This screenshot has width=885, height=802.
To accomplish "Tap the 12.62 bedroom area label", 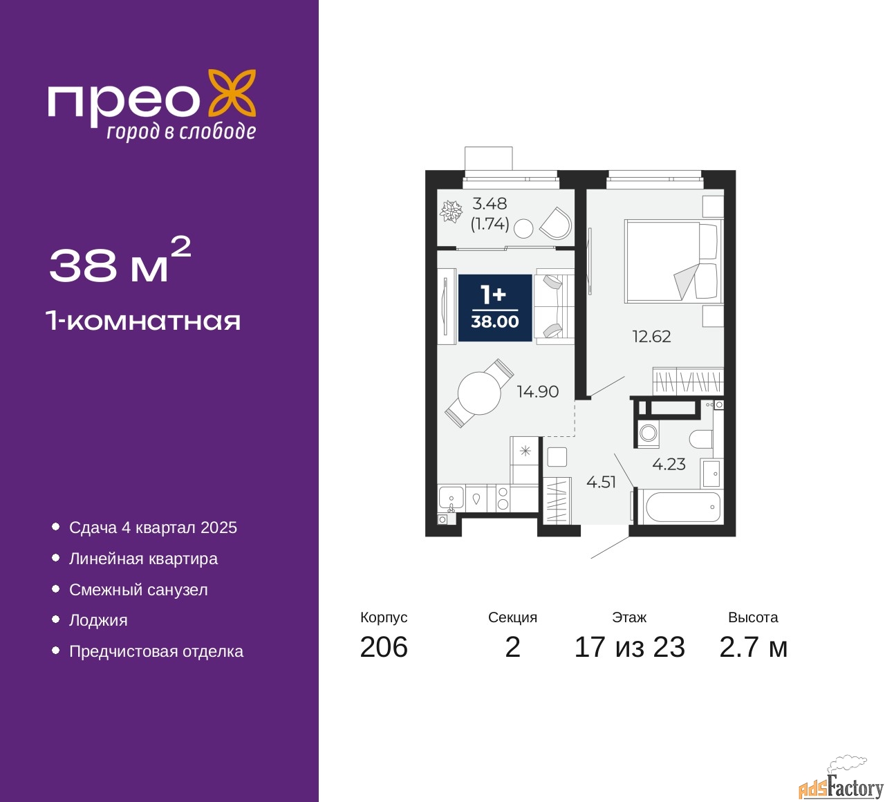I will point(651,337).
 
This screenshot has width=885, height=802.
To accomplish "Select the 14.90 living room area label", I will point(537,392).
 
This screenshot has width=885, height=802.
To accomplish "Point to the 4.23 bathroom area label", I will point(669,465).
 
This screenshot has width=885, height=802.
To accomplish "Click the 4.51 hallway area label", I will point(601,483).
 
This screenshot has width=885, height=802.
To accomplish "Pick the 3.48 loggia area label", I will point(490,204).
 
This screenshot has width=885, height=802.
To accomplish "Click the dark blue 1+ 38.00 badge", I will point(495,308).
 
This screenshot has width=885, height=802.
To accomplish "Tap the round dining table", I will point(479,393).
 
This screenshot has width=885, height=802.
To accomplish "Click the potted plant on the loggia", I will point(451,212).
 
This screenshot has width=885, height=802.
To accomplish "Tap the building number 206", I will point(384,647).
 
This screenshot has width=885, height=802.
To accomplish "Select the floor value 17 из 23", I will point(629,647).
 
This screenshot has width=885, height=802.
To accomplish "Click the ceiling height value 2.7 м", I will point(753,647).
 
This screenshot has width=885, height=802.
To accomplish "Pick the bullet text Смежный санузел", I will point(138,590).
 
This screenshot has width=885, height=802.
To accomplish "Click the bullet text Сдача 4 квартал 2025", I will point(153,528).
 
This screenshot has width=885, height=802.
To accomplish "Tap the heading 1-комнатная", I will point(143,321).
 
